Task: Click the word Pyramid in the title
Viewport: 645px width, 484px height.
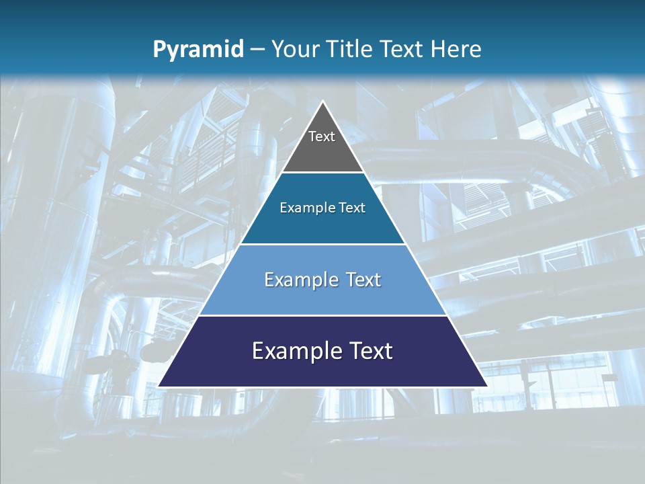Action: [198, 50]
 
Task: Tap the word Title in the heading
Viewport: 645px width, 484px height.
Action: [353, 49]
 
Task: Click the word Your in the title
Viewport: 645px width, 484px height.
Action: [295, 49]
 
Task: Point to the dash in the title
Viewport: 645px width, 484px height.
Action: [257, 50]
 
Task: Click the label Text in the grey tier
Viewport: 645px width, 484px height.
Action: [322, 136]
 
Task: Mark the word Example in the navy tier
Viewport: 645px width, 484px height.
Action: [294, 351]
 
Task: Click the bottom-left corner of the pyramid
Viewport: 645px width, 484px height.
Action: [159, 386]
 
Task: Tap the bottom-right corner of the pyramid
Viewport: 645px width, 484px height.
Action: [486, 386]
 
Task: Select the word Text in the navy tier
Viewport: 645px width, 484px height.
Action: [368, 351]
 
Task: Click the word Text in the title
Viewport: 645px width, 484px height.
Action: [402, 49]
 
